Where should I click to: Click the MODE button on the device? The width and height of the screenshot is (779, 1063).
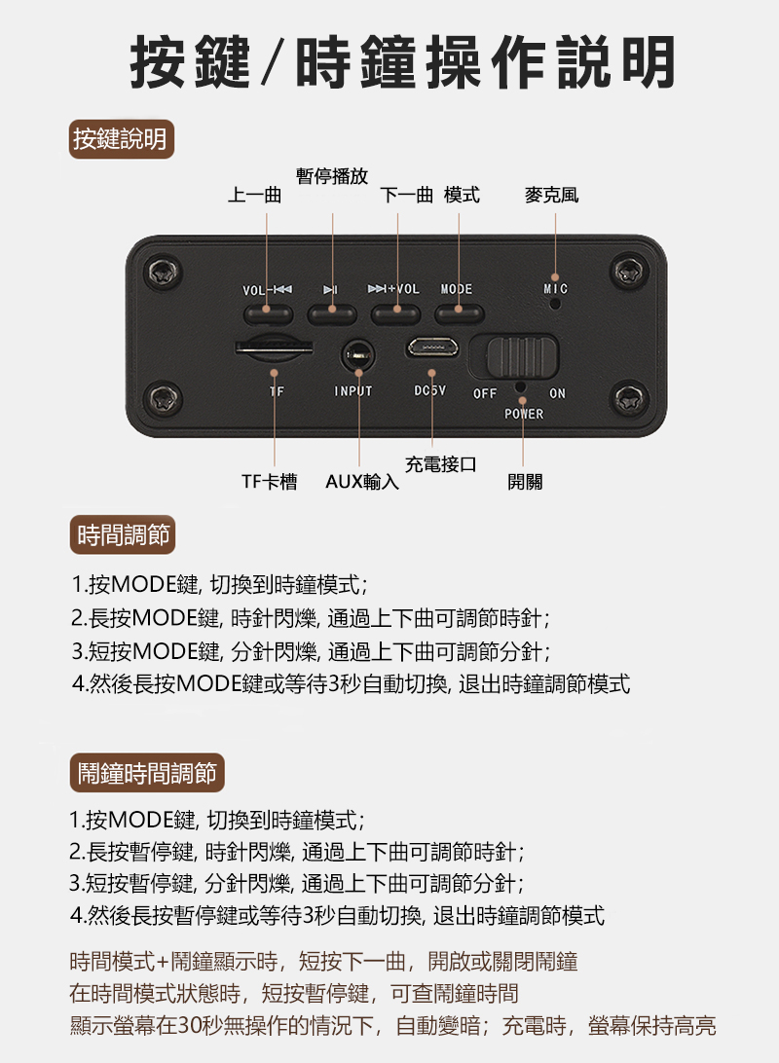pyautogui.click(x=459, y=313)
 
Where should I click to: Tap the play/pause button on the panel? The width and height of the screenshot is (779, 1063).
pyautogui.click(x=332, y=313)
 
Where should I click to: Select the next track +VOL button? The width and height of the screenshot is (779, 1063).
pyautogui.click(x=396, y=313)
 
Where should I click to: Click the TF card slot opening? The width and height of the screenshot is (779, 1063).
pyautogui.click(x=274, y=348)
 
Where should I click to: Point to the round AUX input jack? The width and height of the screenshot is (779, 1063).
pyautogui.click(x=358, y=354)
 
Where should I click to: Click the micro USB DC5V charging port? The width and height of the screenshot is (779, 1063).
pyautogui.click(x=432, y=348)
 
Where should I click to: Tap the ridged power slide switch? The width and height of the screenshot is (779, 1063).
pyautogui.click(x=523, y=356)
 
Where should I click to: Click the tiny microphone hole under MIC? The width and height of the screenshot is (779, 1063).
pyautogui.click(x=555, y=303)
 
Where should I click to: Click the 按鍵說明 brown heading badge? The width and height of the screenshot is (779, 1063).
pyautogui.click(x=122, y=139)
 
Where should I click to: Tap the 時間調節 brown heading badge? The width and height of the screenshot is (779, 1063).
pyautogui.click(x=123, y=534)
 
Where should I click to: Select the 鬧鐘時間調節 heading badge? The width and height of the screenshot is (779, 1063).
pyautogui.click(x=147, y=773)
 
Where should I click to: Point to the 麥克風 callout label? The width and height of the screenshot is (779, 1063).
pyautogui.click(x=551, y=196)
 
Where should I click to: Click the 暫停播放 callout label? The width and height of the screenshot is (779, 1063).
pyautogui.click(x=332, y=176)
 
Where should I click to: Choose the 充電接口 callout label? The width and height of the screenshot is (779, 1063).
pyautogui.click(x=441, y=464)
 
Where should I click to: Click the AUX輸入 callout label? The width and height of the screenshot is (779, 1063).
pyautogui.click(x=362, y=481)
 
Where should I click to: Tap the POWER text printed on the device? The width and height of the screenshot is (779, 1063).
pyautogui.click(x=524, y=414)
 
